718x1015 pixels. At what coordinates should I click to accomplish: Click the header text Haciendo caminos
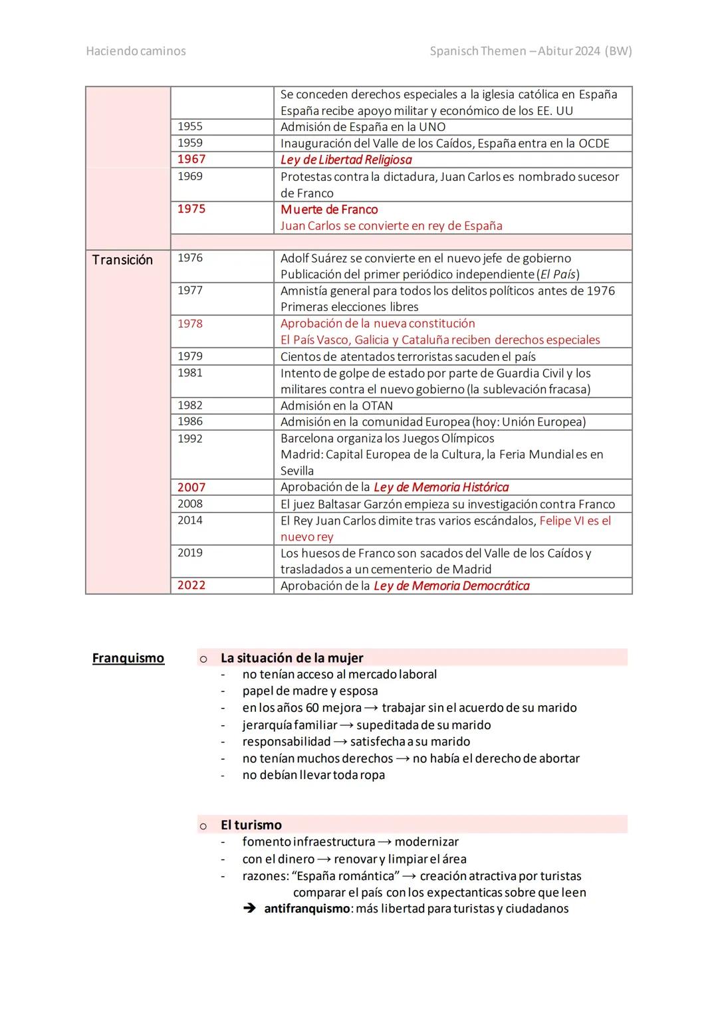point(136,51)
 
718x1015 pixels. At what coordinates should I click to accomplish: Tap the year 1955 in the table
point(190,126)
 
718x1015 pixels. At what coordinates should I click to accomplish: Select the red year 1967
point(191,159)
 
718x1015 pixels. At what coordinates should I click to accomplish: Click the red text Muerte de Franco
point(329,209)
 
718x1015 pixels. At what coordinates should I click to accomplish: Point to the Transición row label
point(122,260)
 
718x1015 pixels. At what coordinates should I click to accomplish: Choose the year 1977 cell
point(190,290)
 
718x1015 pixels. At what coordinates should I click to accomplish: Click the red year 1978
point(190,324)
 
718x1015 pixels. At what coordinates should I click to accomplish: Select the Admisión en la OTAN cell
point(336,405)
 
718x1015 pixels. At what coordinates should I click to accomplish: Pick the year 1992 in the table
point(190,439)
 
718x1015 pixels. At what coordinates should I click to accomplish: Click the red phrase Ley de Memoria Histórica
point(441,487)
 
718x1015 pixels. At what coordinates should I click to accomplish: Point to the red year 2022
point(191,585)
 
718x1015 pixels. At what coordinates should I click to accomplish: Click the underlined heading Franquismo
point(128,658)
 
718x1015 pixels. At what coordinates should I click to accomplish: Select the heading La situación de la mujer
point(292,658)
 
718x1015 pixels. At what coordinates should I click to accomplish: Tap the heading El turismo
point(251,825)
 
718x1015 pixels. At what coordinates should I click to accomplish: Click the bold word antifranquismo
point(306,909)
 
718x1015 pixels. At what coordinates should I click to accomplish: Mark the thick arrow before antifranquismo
point(250,909)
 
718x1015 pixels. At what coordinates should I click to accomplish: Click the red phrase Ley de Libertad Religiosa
point(346,160)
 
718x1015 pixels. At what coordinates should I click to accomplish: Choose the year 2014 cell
point(190,520)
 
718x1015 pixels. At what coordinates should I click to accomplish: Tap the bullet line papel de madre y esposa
point(310,691)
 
